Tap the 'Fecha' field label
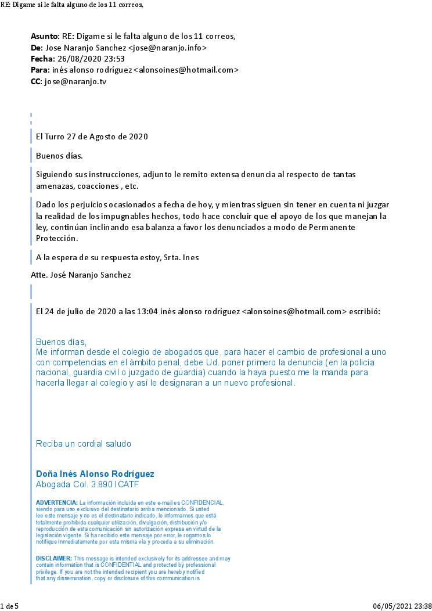pyautogui.click(x=41, y=59)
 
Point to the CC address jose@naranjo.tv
pyautogui.click(x=75, y=81)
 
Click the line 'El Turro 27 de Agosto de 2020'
pyautogui.click(x=92, y=137)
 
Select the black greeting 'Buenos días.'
pyautogui.click(x=59, y=156)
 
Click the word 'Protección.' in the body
pyautogui.click(x=56, y=239)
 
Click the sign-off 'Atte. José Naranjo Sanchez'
pyautogui.click(x=81, y=275)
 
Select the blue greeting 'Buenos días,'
pyautogui.click(x=61, y=342)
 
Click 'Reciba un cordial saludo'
pyautogui.click(x=84, y=444)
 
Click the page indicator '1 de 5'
pyautogui.click(x=9, y=606)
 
